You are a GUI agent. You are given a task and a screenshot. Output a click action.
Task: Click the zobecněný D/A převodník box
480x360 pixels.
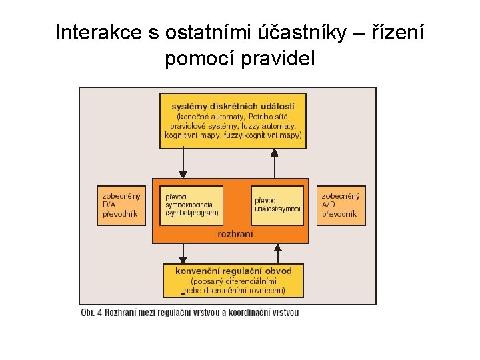[x=121, y=205]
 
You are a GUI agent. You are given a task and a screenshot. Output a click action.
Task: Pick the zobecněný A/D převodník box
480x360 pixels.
[x=341, y=205]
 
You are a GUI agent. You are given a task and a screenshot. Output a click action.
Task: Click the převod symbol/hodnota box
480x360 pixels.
[x=193, y=205]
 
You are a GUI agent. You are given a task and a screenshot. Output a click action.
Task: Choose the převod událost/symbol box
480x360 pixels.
[x=277, y=205]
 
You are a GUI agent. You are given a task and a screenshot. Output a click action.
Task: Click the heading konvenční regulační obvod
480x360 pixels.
[x=233, y=271]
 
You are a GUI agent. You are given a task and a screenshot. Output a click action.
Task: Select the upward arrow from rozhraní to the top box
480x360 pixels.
[x=275, y=163]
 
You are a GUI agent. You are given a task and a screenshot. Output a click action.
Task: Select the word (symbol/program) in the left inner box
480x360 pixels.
[x=192, y=213]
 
